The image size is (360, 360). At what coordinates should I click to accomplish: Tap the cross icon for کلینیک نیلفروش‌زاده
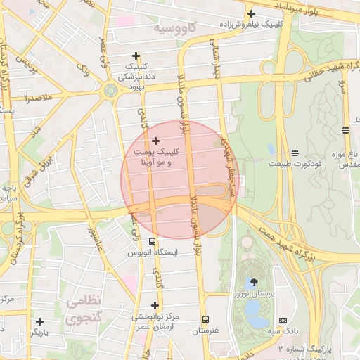(251, 13)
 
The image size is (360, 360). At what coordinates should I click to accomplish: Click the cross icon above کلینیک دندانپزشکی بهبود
(136, 56)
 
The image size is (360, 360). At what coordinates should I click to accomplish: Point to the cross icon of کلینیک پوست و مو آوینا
(156, 141)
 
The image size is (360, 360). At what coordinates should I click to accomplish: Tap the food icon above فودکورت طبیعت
(294, 152)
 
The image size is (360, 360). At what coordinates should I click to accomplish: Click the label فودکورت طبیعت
(294, 163)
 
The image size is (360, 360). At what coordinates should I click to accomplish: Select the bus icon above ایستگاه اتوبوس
(153, 240)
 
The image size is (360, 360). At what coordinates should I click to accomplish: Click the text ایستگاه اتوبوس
(153, 252)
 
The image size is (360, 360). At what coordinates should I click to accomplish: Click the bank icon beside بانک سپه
(283, 320)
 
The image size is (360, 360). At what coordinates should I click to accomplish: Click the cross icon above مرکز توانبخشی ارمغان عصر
(155, 306)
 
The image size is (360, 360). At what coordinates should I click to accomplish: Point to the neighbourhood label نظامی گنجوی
(85, 310)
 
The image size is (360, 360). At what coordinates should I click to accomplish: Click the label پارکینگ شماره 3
(302, 348)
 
